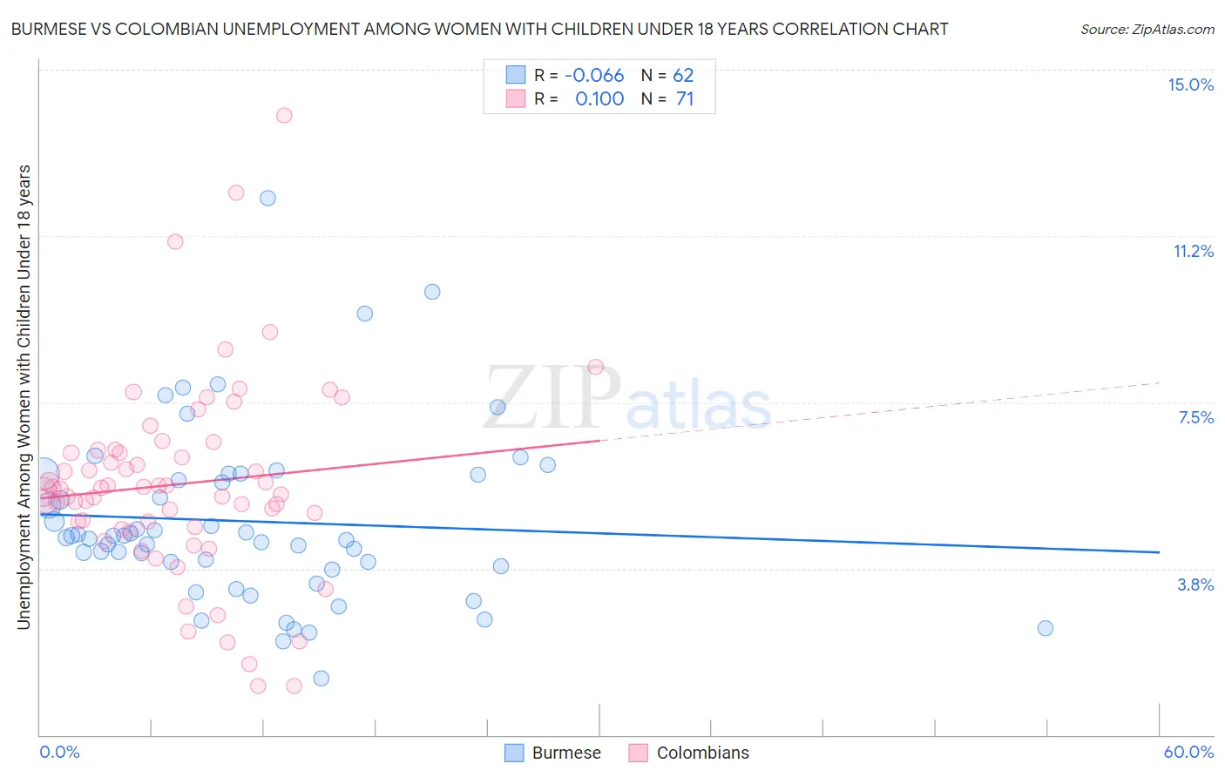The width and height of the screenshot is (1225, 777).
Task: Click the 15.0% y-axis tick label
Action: pyautogui.click(x=1190, y=84)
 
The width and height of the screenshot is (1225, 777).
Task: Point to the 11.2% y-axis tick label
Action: pyautogui.click(x=1193, y=251)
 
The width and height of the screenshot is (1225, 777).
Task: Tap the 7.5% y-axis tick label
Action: pyautogui.click(x=1195, y=417)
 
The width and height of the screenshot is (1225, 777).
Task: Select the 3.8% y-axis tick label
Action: pyautogui.click(x=1195, y=584)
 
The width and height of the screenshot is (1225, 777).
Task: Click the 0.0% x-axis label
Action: pyautogui.click(x=59, y=752)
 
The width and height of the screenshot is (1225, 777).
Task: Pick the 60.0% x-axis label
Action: pyautogui.click(x=1188, y=752)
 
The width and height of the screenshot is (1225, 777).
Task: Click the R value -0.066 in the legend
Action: pyautogui.click(x=594, y=76)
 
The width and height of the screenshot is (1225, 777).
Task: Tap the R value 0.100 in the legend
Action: pyautogui.click(x=599, y=99)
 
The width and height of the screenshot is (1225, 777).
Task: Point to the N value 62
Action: pyautogui.click(x=683, y=76)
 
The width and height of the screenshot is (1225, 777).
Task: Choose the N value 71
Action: pyautogui.click(x=685, y=99)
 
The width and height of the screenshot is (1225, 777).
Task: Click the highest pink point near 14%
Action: pyautogui.click(x=284, y=115)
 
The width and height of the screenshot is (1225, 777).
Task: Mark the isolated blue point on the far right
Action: pyautogui.click(x=1046, y=628)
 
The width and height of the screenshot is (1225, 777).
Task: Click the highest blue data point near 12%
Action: pyautogui.click(x=267, y=198)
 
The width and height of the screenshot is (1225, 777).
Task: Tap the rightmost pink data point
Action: pyautogui.click(x=596, y=367)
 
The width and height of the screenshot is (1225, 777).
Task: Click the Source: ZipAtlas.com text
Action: pyautogui.click(x=1147, y=29)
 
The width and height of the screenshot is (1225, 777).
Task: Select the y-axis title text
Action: pyautogui.click(x=24, y=396)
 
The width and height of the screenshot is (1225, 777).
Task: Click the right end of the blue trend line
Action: pyautogui.click(x=1159, y=552)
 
